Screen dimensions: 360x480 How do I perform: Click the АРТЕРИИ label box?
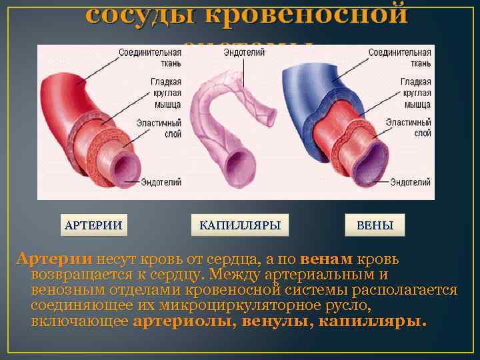pos(93,225)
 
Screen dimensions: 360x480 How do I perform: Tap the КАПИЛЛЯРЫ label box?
pos(239,225)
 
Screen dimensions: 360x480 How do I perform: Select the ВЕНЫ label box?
pos(375,225)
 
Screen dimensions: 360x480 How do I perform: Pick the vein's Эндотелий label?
pos(410,182)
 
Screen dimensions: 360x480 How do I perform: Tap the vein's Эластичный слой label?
pos(410,128)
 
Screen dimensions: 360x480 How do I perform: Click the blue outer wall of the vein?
pos(300,93)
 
